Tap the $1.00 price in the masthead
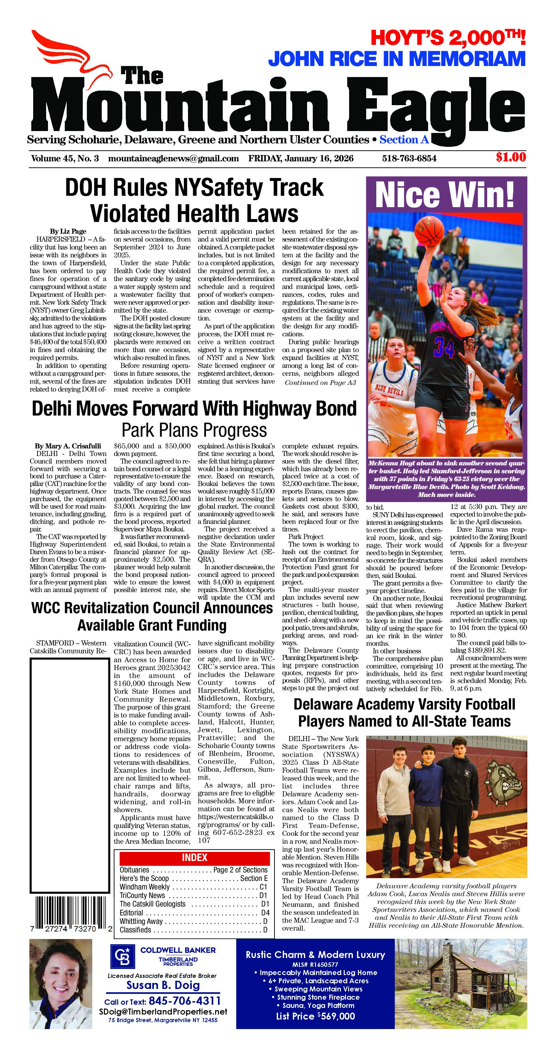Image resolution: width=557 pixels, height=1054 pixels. (510, 157)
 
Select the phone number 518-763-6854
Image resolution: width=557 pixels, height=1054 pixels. (409, 158)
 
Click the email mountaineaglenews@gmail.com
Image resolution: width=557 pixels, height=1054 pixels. (173, 158)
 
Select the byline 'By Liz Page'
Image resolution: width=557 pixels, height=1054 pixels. (68, 231)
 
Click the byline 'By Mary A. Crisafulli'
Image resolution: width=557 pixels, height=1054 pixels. (68, 446)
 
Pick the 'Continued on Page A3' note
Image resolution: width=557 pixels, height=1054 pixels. (320, 383)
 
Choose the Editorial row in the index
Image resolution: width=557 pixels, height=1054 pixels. (194, 913)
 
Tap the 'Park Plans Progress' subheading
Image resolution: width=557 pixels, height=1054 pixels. (194, 430)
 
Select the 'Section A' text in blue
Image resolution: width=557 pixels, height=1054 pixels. (404, 140)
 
